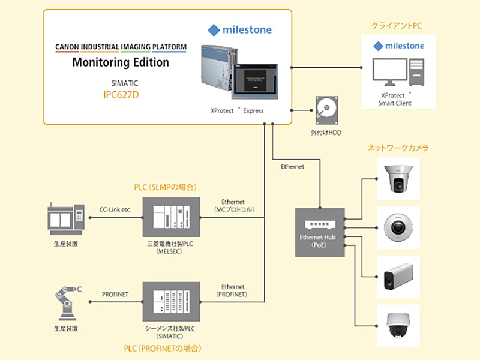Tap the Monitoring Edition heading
coord(121,62)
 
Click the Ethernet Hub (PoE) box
coord(320,232)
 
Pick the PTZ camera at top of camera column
coord(398,179)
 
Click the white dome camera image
coord(398,227)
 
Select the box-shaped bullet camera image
coord(398,277)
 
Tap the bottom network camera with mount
coord(398,325)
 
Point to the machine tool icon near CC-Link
coord(65,219)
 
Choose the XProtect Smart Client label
coord(396,99)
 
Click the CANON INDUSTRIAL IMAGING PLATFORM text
coord(121,47)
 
